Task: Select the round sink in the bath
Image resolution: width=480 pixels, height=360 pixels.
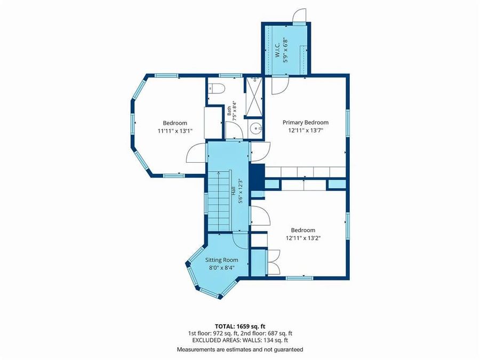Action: point(255,129)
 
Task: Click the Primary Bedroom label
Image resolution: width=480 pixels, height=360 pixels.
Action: point(306,123)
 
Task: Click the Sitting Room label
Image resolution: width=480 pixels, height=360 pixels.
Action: point(222,260)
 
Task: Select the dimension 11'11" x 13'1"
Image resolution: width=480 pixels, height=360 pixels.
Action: point(175,131)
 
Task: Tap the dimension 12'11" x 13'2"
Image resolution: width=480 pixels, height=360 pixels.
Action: point(303,238)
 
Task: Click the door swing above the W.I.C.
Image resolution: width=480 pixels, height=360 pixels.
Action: point(299,16)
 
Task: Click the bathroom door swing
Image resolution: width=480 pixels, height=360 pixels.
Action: point(234,130)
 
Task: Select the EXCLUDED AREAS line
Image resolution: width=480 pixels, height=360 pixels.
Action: point(240,340)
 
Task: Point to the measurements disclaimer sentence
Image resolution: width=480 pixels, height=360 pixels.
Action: point(240,349)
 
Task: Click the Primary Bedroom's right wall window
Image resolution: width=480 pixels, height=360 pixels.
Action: point(348,123)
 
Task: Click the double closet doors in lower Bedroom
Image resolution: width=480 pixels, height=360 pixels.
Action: point(274,262)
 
